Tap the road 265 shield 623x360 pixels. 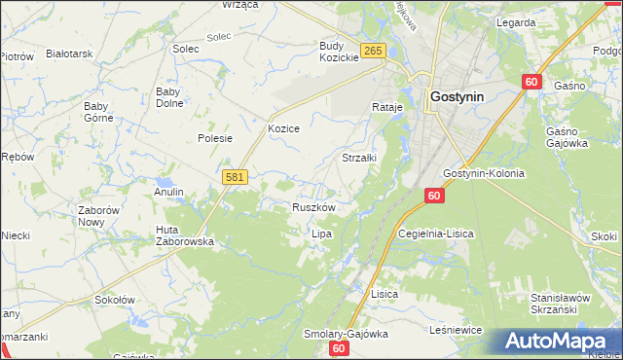[x=372, y=51]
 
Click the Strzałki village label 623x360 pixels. [x=359, y=157]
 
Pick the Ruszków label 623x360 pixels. [x=313, y=207]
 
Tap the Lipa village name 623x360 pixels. [x=321, y=234]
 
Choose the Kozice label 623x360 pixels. [x=283, y=128]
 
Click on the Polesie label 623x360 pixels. [x=215, y=138]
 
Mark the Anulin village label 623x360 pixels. [x=168, y=192]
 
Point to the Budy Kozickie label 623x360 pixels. [x=340, y=52]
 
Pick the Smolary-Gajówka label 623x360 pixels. [x=346, y=334]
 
